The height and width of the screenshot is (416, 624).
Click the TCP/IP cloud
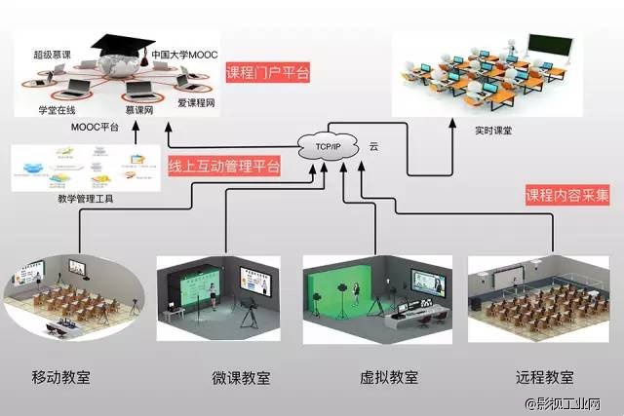coord(330,146)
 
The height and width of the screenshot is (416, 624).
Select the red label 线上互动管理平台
coord(224,166)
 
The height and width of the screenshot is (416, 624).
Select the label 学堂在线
coord(57,109)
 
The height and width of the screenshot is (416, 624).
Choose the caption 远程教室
coord(544,377)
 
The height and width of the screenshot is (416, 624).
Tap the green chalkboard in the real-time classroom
coord(551,43)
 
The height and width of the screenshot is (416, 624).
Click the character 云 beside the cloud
coord(373,146)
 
